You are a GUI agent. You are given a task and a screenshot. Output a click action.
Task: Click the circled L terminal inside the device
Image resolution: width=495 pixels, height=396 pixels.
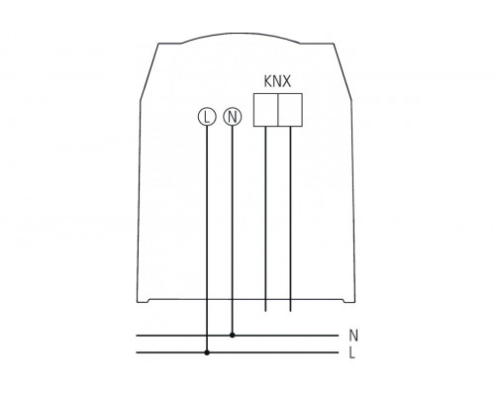coord(206,117)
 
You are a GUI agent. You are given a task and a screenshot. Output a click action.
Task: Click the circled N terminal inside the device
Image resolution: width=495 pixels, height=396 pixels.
coord(232,117)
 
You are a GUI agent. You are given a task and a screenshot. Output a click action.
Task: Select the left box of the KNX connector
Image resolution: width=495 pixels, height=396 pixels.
coord(266,110)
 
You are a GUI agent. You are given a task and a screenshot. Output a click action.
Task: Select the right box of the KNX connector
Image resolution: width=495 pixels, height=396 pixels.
coord(290,110)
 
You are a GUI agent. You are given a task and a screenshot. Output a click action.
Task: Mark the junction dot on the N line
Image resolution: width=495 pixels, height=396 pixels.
coord(232,336)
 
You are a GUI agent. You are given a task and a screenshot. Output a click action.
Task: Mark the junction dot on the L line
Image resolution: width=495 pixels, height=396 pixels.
coord(206,351)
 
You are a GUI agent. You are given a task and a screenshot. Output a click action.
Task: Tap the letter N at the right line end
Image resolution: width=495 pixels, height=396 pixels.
coord(353,336)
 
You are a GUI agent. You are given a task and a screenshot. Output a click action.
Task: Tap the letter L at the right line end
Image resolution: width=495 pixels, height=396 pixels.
coord(353,352)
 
